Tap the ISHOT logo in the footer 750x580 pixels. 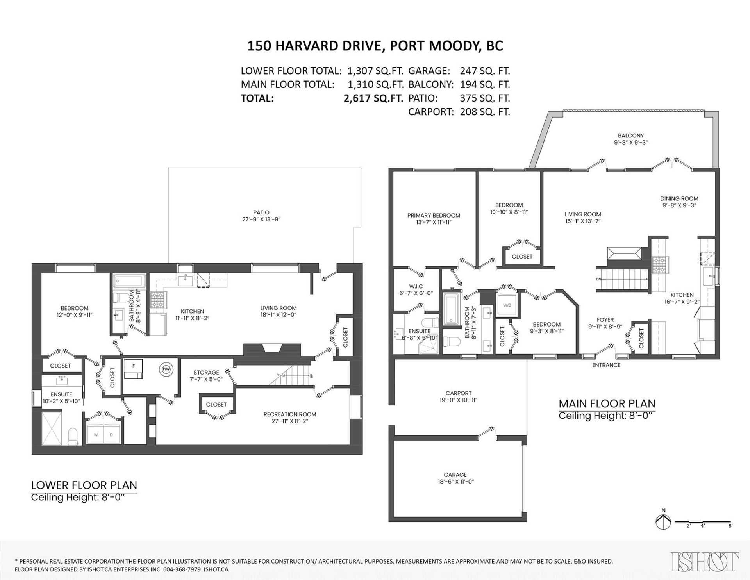point(705,562)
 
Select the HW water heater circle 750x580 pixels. point(166,369)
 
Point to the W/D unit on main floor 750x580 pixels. point(507,305)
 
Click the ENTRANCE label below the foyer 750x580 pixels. point(606,365)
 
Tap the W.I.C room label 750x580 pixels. point(416,286)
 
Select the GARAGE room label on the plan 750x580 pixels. point(455,475)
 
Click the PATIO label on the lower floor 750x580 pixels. point(261,212)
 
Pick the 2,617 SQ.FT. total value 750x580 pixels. point(373,98)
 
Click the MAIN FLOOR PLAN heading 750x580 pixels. point(607,403)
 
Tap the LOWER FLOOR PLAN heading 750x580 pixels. point(84,485)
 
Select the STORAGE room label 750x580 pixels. point(206,372)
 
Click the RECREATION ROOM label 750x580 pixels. point(290,414)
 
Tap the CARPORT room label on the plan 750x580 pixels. point(459,393)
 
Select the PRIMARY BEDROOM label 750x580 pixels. point(434,215)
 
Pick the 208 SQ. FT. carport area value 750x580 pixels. point(485,112)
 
